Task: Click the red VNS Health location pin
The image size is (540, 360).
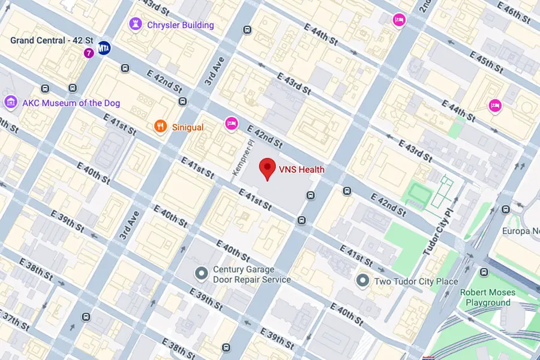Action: tap(268, 169)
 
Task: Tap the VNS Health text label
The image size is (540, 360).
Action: tap(301, 170)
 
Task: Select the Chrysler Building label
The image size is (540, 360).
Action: tap(180, 25)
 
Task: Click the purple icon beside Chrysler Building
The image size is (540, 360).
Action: tap(136, 25)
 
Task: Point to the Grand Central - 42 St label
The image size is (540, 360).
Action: tap(52, 40)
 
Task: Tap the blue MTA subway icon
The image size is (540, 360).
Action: tap(104, 47)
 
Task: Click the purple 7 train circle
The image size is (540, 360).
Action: tap(89, 53)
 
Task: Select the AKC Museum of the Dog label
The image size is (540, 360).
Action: tap(71, 103)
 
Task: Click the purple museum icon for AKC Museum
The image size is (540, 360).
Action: tap(10, 103)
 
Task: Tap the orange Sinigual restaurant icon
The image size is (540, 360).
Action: tap(160, 126)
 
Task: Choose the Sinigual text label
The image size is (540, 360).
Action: tap(187, 127)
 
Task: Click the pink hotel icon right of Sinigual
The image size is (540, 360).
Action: tap(231, 124)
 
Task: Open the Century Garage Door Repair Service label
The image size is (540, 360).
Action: tap(252, 275)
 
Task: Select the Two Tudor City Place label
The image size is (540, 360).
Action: tap(416, 281)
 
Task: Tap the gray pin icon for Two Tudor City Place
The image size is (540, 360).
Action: tap(362, 280)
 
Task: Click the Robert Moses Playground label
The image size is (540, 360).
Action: tap(487, 298)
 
